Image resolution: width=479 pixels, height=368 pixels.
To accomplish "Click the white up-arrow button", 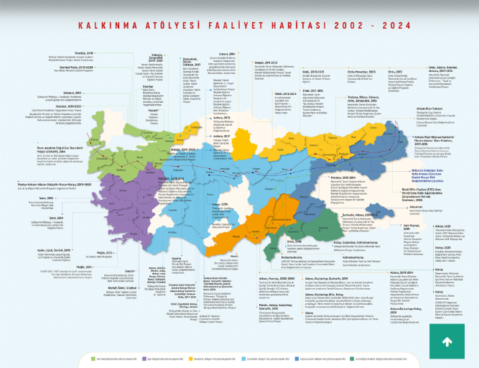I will tap(446, 342).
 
